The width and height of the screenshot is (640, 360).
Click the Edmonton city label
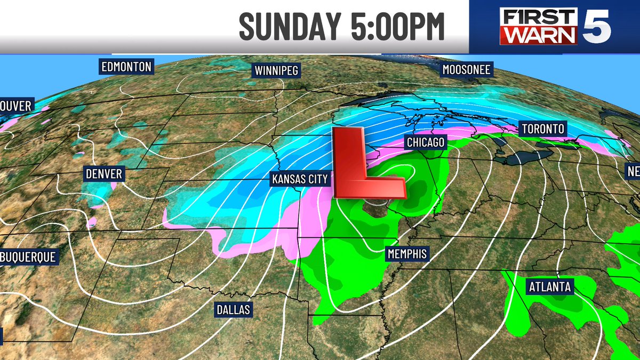point(126,67)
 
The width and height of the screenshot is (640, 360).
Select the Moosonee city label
point(467,69)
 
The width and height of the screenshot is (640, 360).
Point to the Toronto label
point(543,129)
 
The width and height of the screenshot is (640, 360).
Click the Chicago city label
point(425,143)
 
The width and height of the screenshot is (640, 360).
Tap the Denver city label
point(104,174)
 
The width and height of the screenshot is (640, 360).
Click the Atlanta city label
point(550,287)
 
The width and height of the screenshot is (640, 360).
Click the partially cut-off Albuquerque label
point(28,257)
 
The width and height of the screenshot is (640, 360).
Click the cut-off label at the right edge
point(633,171)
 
